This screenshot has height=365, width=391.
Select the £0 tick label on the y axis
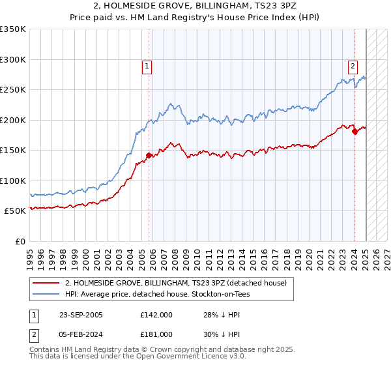click(19, 241)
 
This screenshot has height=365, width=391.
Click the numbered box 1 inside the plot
click(147, 66)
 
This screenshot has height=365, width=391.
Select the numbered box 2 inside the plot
click(353, 66)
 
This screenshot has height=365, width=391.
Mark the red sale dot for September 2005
click(149, 155)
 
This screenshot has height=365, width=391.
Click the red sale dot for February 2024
click(355, 132)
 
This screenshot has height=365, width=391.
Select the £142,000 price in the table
click(156, 315)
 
